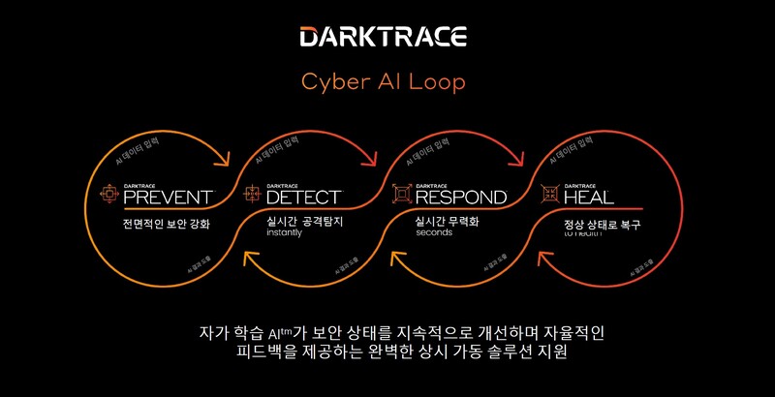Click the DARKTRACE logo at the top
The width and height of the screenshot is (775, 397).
coord(384,38)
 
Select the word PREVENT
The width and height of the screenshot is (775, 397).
coord(168,198)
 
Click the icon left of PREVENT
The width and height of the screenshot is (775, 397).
coord(108,196)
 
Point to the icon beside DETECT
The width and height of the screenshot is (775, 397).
coord(253,196)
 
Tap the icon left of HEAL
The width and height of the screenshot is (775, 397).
coord(550,196)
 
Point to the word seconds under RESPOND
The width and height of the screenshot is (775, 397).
coord(434,233)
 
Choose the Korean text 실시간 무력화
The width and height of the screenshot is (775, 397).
coord(448,222)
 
